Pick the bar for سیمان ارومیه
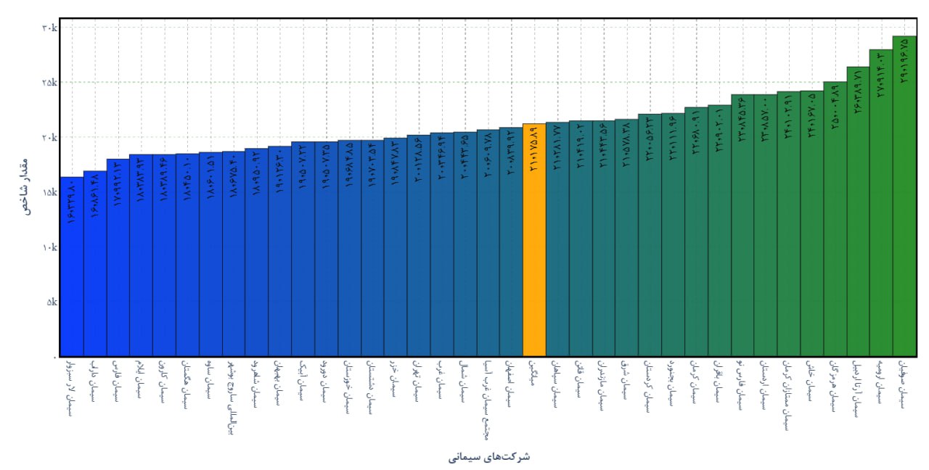(880, 218)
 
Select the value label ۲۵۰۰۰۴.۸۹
(835, 109)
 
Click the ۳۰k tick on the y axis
(49, 28)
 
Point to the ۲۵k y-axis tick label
(49, 83)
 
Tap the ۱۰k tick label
(49, 247)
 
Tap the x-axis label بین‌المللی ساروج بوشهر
(232, 396)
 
